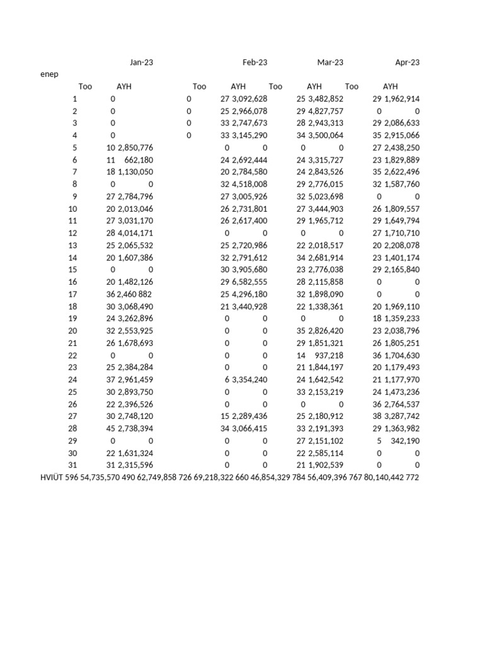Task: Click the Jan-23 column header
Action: click(x=141, y=62)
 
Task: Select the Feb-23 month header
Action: click(x=255, y=62)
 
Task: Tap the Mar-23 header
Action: click(x=330, y=62)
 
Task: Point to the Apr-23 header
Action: click(x=407, y=62)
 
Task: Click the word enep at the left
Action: click(x=49, y=74)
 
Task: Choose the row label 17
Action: click(x=72, y=294)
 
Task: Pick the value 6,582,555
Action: click(x=250, y=282)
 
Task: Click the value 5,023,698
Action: click(x=326, y=197)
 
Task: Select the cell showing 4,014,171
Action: click(x=135, y=233)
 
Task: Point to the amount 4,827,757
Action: click(x=326, y=111)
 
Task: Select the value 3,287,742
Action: click(x=402, y=416)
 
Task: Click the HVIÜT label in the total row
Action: click(x=51, y=477)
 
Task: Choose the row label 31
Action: click(x=72, y=465)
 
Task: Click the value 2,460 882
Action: click(x=135, y=294)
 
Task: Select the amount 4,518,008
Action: click(x=250, y=185)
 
